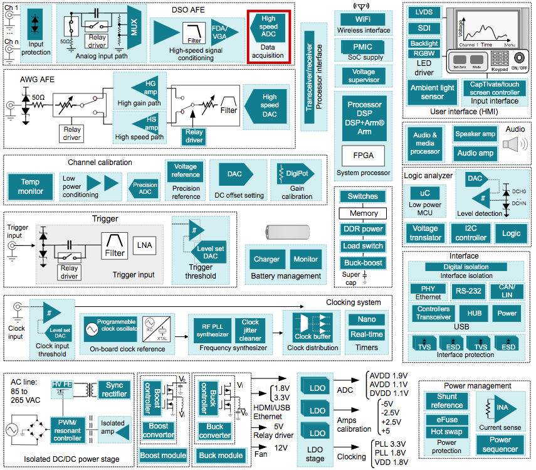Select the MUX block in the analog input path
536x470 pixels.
coord(134,28)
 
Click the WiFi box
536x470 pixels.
coord(363,19)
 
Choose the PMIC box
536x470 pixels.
coord(363,46)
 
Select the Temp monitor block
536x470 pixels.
coord(30,186)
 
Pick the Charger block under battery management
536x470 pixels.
coord(266,259)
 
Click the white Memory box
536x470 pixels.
coord(364,213)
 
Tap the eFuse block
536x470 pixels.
coord(447,419)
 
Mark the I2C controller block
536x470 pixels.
coord(471,233)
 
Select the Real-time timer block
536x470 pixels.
coord(367,334)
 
